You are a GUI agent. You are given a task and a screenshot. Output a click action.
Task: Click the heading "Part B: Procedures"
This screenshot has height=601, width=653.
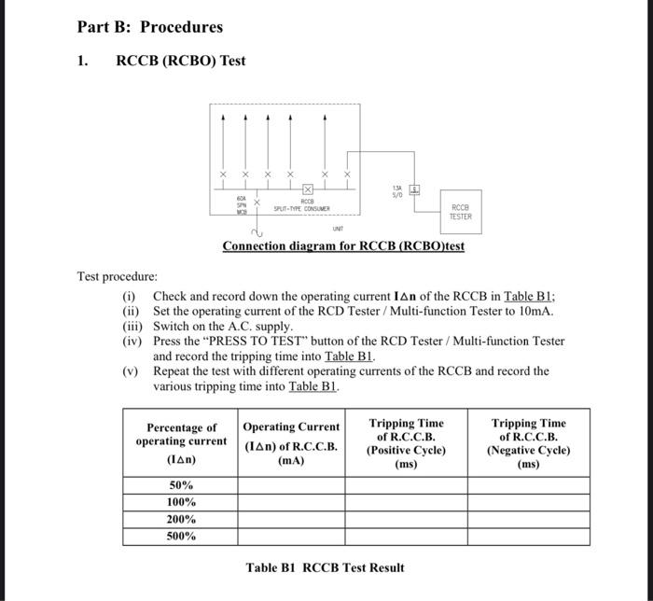150,26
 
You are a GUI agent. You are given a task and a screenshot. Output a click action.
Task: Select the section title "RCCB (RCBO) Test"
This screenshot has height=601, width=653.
180,61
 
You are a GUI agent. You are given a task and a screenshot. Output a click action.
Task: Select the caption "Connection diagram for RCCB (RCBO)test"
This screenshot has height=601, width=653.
342,245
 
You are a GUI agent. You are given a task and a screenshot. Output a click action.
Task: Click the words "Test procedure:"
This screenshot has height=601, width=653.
117,277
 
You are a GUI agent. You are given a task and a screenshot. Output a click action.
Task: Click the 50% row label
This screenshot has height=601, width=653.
181,485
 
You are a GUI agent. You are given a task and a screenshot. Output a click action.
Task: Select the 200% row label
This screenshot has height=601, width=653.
181,519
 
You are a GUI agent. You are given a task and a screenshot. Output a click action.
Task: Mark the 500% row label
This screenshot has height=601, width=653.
181,537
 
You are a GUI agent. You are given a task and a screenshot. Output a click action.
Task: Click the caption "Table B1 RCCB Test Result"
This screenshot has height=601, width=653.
326,566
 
